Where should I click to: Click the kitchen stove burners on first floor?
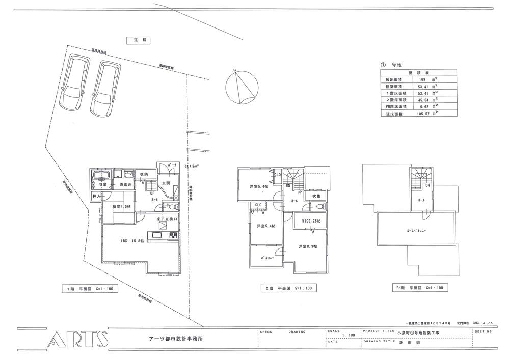(172, 235)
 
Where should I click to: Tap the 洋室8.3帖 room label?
(307, 246)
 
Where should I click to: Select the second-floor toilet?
(319, 207)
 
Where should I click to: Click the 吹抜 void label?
(316, 196)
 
